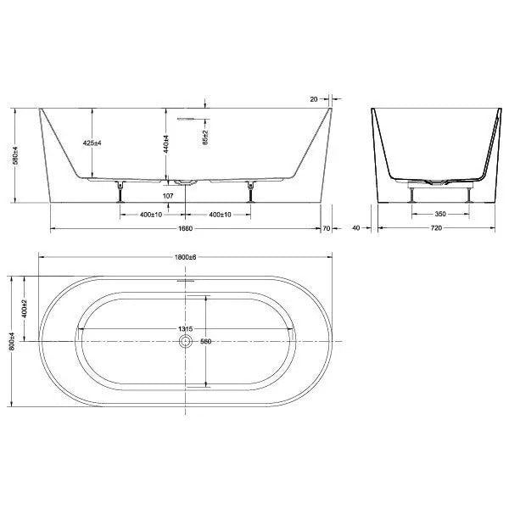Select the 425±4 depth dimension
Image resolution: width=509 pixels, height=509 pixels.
point(93,143)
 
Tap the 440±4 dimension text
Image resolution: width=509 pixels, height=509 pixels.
point(169,144)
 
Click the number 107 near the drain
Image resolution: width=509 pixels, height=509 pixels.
point(167,197)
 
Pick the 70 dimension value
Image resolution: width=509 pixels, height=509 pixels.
point(327,229)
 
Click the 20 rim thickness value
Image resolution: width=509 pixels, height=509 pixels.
point(315,98)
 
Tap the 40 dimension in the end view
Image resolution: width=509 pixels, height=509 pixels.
point(356,229)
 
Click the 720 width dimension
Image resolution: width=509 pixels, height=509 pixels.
point(436,229)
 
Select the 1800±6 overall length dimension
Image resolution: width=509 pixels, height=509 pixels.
point(186,258)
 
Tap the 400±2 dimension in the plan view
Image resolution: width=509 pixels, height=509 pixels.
point(25,307)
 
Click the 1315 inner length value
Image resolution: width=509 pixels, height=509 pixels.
point(184,329)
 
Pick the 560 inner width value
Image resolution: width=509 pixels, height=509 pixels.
point(204,343)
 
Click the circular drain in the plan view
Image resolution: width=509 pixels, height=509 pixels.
point(185,341)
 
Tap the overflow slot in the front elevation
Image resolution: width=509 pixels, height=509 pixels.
point(186,119)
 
